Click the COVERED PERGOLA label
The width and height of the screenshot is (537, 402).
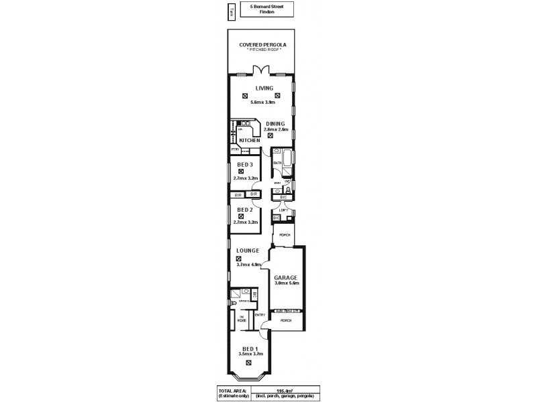click(262, 45)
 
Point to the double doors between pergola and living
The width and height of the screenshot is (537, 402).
click(260, 70)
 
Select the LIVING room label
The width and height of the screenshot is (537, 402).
click(263, 87)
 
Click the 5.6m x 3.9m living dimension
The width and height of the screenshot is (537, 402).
click(263, 103)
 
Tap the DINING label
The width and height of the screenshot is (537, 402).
click(275, 123)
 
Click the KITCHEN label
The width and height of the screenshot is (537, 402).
click(249, 140)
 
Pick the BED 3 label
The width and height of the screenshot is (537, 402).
click(244, 165)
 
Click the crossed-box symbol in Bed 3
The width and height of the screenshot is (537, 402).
click(240, 172)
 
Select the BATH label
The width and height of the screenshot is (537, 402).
click(277, 163)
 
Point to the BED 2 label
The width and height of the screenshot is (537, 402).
click(244, 210)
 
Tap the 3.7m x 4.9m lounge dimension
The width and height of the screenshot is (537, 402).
click(248, 265)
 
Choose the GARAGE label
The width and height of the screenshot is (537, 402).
click(285, 277)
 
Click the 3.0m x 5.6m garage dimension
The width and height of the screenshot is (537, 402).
click(286, 283)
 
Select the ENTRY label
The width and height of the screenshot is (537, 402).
click(260, 314)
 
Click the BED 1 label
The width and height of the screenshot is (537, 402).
click(248, 349)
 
